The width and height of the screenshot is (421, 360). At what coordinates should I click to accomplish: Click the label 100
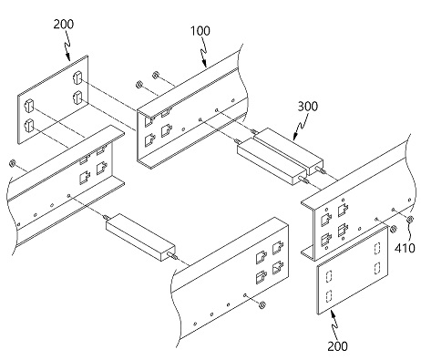click(x=200, y=31)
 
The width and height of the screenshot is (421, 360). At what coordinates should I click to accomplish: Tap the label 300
click(x=307, y=107)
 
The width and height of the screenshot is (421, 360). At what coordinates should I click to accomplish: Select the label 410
click(x=405, y=248)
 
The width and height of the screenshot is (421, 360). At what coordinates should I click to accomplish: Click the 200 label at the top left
click(x=64, y=24)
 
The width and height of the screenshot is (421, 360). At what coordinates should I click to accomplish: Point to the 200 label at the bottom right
click(x=337, y=346)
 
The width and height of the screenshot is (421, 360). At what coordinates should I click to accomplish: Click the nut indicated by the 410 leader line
click(x=410, y=219)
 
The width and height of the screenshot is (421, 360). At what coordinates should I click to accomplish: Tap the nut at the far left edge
click(x=13, y=163)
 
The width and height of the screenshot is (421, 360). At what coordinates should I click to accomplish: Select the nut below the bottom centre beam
click(x=262, y=304)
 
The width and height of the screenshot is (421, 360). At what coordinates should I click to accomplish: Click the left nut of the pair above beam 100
click(x=139, y=84)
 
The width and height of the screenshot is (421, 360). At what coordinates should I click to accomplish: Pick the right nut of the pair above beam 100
click(x=157, y=75)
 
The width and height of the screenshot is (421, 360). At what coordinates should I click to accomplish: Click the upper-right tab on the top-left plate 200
click(x=77, y=77)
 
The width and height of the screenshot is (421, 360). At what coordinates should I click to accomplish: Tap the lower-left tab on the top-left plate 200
click(x=28, y=126)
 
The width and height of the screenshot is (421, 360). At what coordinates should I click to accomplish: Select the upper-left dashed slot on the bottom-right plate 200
click(x=329, y=276)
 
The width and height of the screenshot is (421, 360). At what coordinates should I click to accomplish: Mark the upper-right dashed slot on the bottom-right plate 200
click(x=377, y=248)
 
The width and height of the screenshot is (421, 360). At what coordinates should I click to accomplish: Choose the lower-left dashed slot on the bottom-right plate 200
click(x=329, y=295)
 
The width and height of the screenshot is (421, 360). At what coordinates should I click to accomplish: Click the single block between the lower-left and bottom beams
click(x=139, y=237)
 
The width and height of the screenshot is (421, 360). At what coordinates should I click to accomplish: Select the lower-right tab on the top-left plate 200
click(x=77, y=97)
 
